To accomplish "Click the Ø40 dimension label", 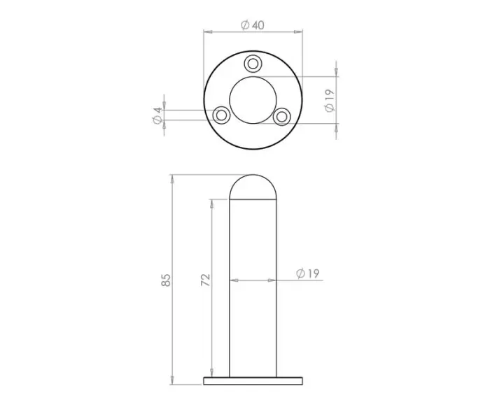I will click(252, 24).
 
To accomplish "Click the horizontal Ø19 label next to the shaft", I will click(307, 273).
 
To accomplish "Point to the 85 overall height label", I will click(166, 280).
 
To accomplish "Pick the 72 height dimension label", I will click(205, 280).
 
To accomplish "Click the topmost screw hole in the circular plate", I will click(253, 64).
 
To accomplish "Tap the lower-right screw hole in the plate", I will click(283, 115).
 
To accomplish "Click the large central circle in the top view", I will click(253, 98).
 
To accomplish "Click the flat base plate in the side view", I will click(253, 381).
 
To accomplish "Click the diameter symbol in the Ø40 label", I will click(245, 24).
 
